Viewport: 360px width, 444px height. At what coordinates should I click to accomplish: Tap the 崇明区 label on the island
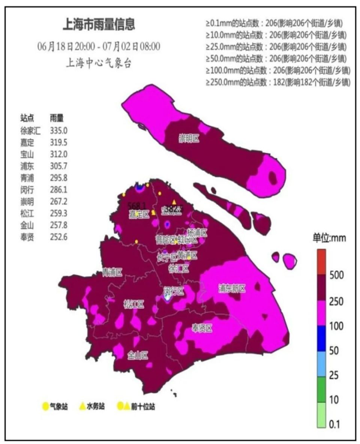point(189,139)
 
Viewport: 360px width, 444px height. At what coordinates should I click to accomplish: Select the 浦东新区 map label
point(232,288)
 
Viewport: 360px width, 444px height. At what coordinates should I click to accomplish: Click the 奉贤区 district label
point(202,328)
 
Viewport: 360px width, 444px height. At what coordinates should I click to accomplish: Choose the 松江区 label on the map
point(134,304)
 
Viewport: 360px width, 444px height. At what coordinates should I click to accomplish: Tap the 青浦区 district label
point(112,273)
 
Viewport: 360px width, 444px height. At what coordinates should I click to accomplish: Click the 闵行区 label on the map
point(174,291)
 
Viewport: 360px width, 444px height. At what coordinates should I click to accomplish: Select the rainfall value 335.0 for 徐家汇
point(58,131)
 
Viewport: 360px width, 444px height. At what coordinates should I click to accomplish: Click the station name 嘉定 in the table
point(27,142)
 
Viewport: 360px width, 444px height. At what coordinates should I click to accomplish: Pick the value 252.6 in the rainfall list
point(58,237)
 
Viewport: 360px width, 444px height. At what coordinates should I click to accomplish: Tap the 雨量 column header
point(57,118)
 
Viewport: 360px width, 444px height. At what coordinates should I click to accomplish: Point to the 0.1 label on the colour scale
point(334,424)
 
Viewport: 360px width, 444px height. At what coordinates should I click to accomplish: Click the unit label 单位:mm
point(330,238)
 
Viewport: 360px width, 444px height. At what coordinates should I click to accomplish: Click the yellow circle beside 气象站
point(45,406)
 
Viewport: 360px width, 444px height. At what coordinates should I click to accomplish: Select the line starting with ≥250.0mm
point(278,82)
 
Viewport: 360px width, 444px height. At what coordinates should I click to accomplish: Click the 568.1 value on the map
point(136,205)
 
